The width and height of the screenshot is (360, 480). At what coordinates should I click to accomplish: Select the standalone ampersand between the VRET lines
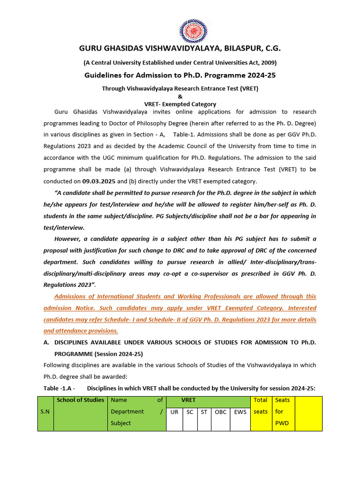pos(180,96)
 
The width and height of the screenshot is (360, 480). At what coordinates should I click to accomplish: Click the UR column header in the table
pos(174,412)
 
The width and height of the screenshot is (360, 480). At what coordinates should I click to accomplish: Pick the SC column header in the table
pos(189,412)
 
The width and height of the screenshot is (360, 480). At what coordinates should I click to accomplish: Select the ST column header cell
pos(204,412)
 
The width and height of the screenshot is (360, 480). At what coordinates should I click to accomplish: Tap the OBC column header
pos(220,412)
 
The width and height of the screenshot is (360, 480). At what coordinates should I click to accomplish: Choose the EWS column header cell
pos(240,412)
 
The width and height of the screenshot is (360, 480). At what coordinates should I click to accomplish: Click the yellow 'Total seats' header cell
pos(261,405)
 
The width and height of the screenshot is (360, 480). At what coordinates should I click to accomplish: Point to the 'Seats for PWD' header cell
pos(283,412)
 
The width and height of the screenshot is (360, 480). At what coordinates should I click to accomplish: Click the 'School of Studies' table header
pos(80,400)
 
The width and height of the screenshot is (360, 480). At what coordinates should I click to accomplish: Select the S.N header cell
pos(45,412)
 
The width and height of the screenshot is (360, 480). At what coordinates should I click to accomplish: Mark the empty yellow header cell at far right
pos(308,412)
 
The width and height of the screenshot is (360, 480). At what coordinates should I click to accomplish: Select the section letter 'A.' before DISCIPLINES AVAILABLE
pos(46,342)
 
